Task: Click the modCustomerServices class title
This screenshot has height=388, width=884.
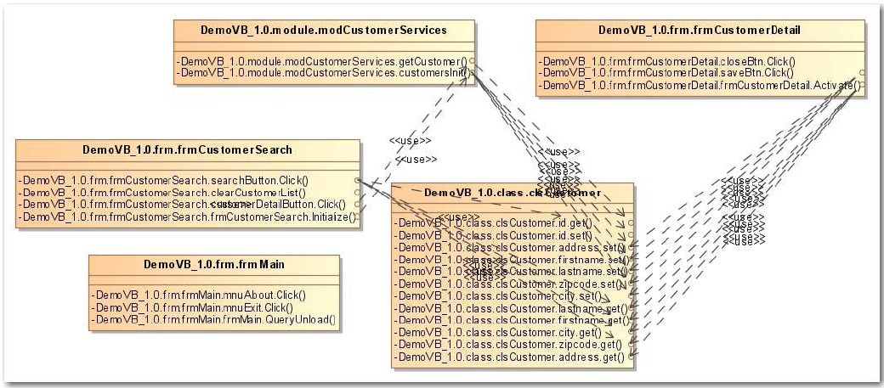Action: click(x=323, y=31)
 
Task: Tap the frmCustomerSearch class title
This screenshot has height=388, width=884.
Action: click(x=187, y=150)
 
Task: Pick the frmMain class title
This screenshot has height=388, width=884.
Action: click(x=213, y=264)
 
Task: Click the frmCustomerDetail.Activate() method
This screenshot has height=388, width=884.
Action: click(x=701, y=85)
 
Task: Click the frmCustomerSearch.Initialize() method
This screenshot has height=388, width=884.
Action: click(x=189, y=216)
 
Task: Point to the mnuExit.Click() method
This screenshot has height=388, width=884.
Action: click(x=194, y=307)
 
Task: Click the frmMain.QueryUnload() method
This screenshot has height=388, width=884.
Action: click(x=213, y=319)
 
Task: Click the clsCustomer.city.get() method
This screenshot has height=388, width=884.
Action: click(x=501, y=333)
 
